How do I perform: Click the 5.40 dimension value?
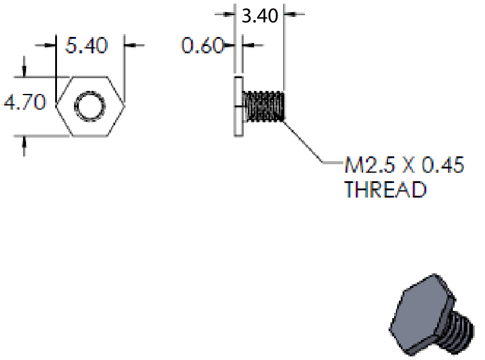coord(87,45)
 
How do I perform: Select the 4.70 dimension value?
coord(25,102)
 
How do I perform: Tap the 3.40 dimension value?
coord(260,16)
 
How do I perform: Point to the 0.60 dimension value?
coord(202,45)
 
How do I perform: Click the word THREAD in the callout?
coord(386,189)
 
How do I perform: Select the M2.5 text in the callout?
coord(370,164)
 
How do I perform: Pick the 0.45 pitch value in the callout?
coord(443,164)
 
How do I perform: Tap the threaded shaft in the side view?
coord(263,106)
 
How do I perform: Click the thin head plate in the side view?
coord(238,106)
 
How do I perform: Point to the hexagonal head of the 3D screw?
coord(422,312)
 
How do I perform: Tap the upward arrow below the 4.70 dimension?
coord(24,145)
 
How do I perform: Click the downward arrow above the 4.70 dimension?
coord(24,67)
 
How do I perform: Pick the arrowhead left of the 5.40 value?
coord(49,45)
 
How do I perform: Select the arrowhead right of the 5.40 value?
coord(131,45)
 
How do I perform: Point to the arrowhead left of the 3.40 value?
coord(229,14)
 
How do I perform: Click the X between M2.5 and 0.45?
coord(409,165)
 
